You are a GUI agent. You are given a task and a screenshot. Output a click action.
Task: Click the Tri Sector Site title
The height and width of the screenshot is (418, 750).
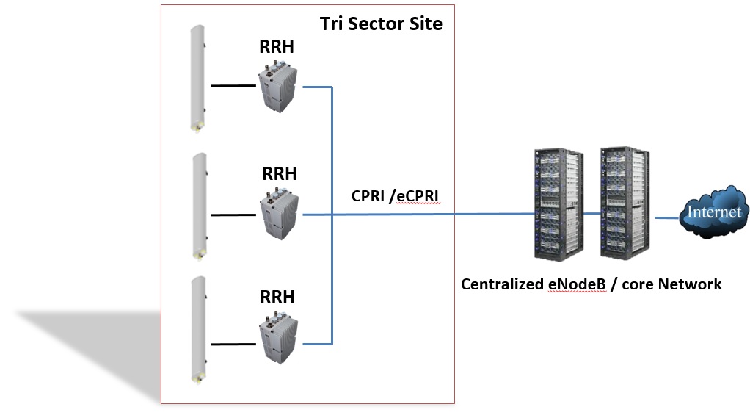point(381,24)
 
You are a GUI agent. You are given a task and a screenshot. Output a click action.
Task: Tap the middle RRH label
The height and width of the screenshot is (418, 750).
point(280,174)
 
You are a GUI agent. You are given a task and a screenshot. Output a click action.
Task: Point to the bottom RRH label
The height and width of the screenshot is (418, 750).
point(277,298)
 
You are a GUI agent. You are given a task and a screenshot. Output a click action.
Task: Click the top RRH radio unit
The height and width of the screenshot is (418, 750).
point(280,87)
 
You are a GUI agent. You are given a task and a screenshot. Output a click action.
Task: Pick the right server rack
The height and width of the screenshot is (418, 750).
point(626,203)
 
